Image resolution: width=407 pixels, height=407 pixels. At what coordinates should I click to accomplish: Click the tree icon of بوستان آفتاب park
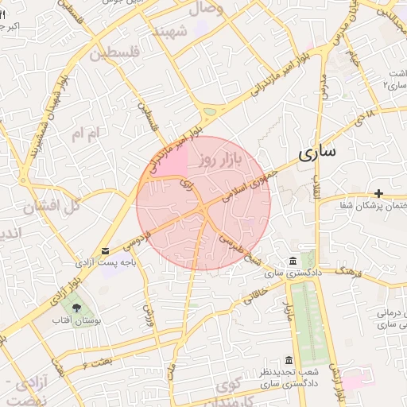[76, 308]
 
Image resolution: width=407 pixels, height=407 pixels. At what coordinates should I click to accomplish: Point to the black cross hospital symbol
[379, 193]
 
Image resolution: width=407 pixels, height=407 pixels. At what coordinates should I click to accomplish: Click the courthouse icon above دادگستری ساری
[293, 262]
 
